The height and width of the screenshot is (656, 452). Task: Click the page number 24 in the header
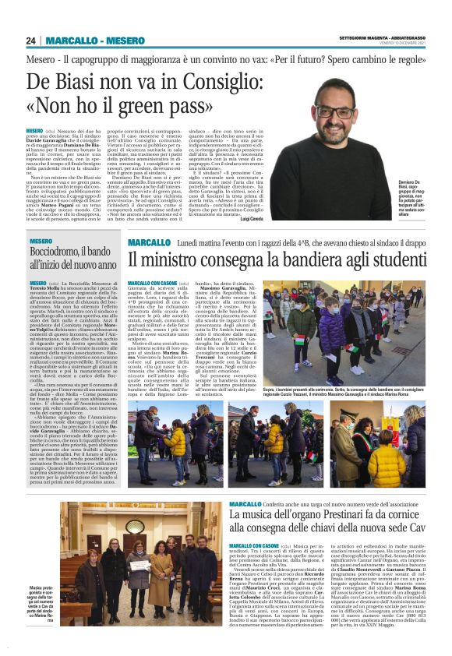tap(30, 41)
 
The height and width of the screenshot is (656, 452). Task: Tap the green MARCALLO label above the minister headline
tap(149, 244)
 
